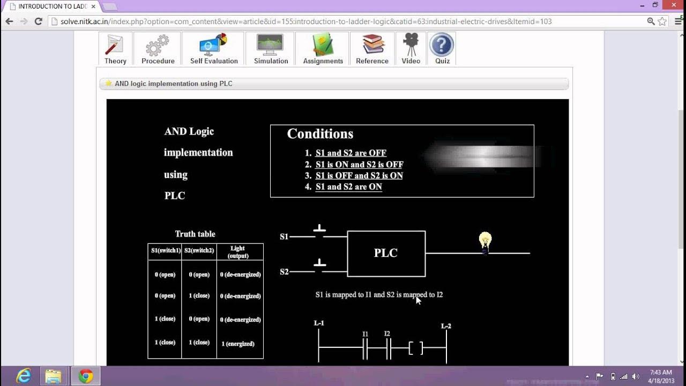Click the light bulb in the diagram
click(x=485, y=242)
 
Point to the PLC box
click(x=386, y=254)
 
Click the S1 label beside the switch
click(x=284, y=236)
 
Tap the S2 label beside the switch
click(x=284, y=272)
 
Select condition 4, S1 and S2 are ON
click(x=348, y=187)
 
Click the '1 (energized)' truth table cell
click(x=238, y=344)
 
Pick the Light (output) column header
click(x=238, y=252)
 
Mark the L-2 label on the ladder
click(x=446, y=326)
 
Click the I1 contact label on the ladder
click(x=365, y=335)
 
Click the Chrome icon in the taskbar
click(x=86, y=376)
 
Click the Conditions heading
click(x=320, y=134)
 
